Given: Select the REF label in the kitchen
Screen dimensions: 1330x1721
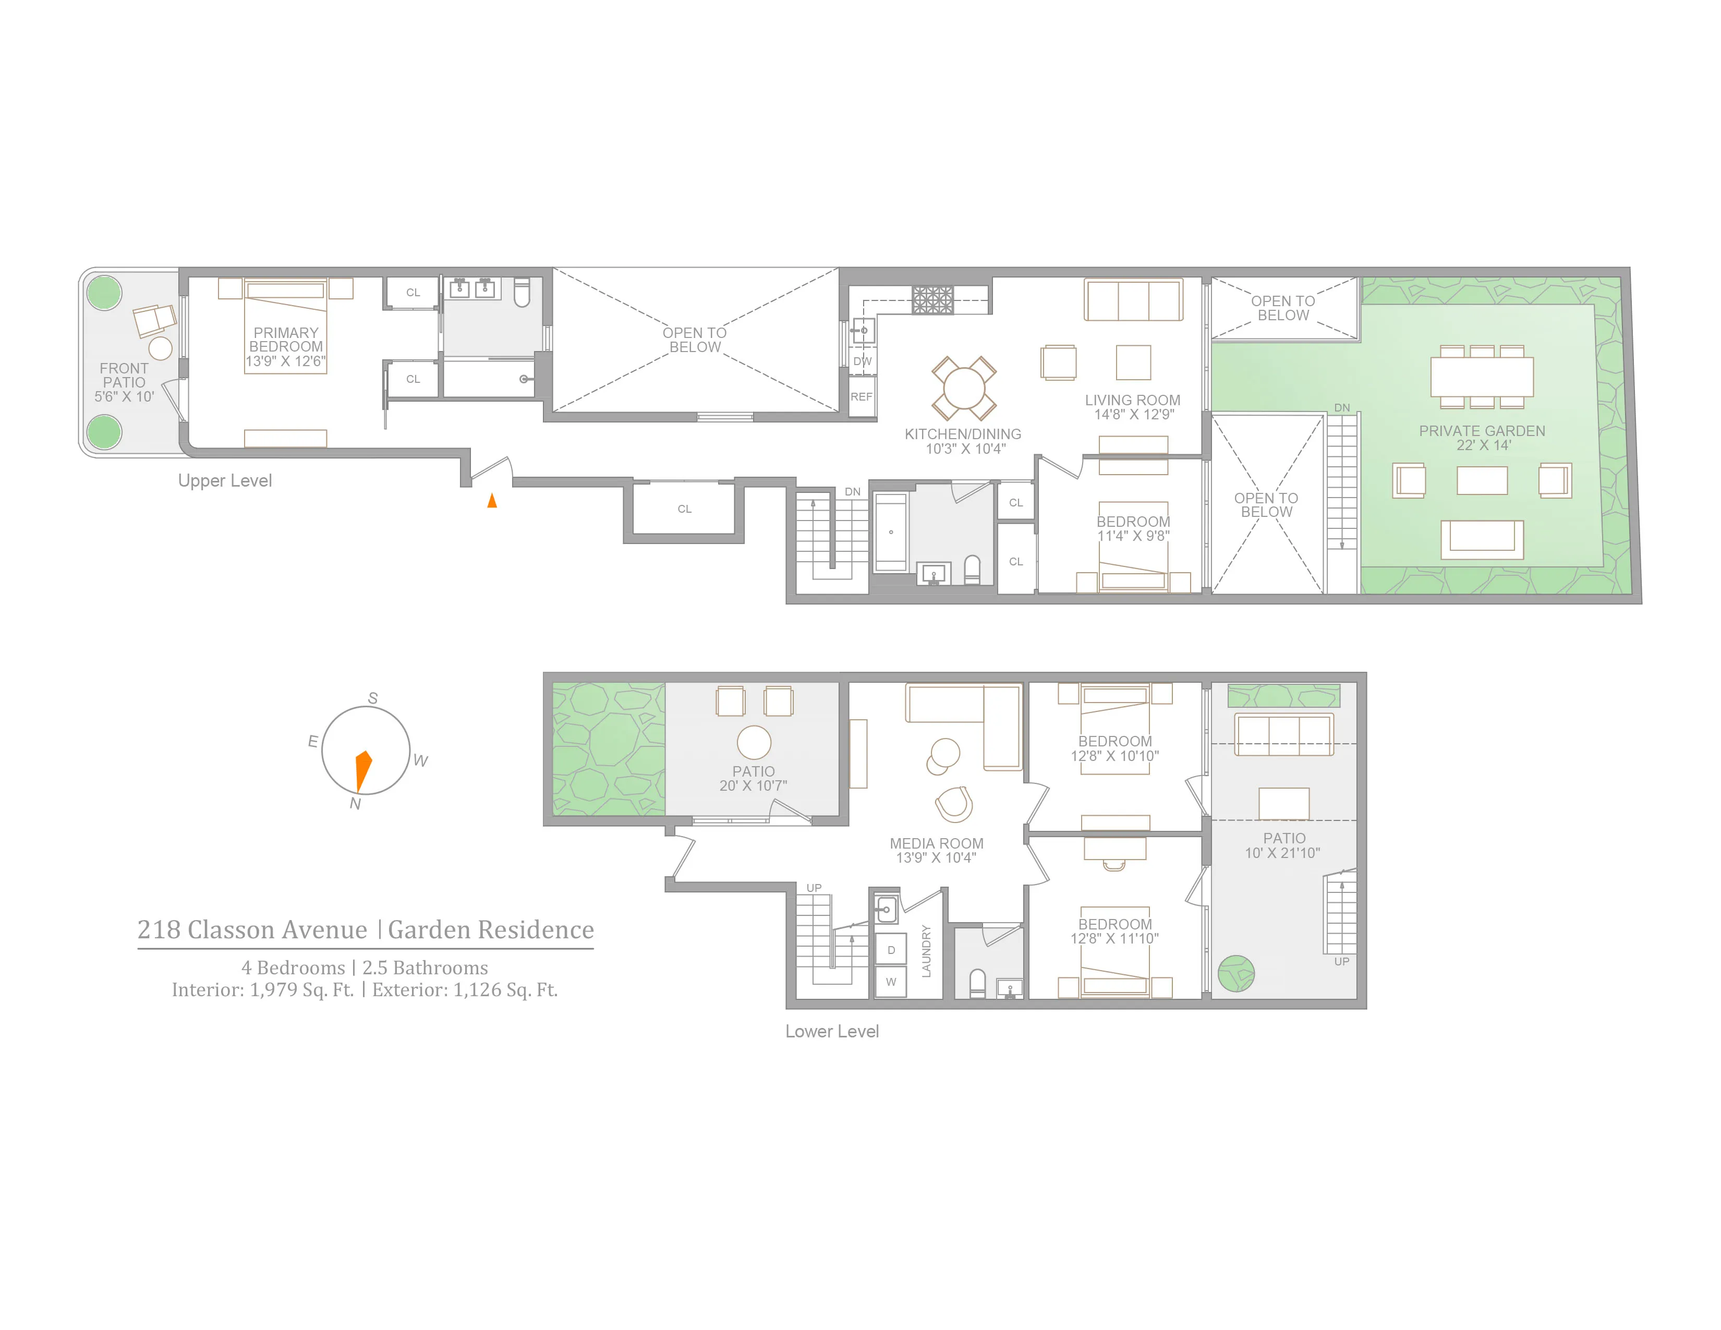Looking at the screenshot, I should [x=862, y=397].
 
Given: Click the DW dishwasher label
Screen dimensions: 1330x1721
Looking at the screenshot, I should [x=862, y=361].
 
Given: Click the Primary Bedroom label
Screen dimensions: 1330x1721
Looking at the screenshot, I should [x=285, y=340].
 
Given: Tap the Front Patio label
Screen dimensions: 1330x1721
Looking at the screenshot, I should [x=124, y=375].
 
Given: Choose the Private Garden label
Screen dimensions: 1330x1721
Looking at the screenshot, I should [x=1482, y=431].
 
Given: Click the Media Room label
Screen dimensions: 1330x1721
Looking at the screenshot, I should [x=936, y=844].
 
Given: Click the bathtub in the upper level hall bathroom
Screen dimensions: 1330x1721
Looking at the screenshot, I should [x=890, y=532].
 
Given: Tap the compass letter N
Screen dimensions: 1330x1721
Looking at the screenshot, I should [x=355, y=804].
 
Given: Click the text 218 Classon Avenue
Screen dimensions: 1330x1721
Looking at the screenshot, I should [x=252, y=930].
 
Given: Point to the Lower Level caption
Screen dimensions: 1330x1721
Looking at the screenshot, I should [x=831, y=1031].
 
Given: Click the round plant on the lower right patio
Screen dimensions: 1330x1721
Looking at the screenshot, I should [x=1235, y=974].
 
